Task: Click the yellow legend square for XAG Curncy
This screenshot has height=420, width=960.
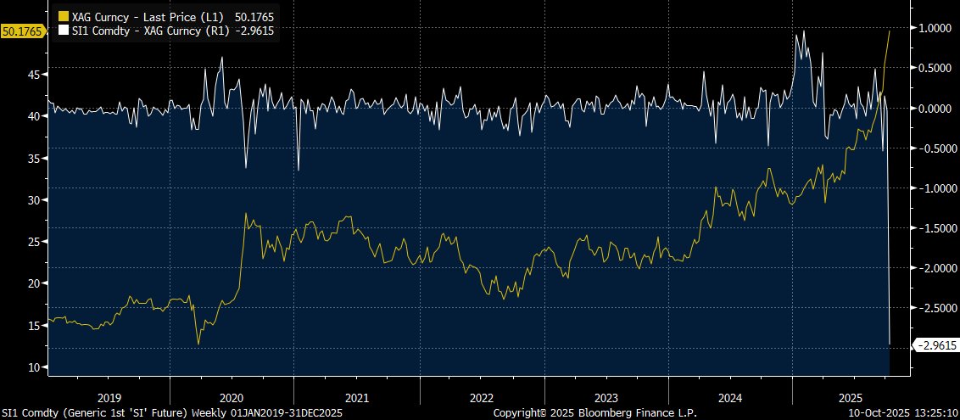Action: pyautogui.click(x=62, y=16)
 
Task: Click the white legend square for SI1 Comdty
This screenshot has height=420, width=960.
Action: pyautogui.click(x=62, y=30)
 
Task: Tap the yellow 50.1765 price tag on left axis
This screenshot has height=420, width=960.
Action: pyautogui.click(x=20, y=31)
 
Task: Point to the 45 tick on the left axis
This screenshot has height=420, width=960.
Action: pyautogui.click(x=35, y=75)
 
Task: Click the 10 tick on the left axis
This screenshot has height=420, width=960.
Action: pyautogui.click(x=35, y=367)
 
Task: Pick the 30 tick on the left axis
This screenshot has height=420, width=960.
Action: pyautogui.click(x=35, y=200)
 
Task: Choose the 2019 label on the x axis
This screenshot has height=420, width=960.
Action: pyautogui.click(x=109, y=397)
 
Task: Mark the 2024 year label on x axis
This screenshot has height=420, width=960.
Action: pyautogui.click(x=730, y=397)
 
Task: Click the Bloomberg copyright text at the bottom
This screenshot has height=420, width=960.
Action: pyautogui.click(x=594, y=412)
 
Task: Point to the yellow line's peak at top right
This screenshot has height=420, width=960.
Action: pyautogui.click(x=889, y=31)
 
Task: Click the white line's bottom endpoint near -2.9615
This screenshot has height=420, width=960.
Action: pyautogui.click(x=890, y=344)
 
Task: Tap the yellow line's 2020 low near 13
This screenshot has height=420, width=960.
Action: pyautogui.click(x=198, y=344)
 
